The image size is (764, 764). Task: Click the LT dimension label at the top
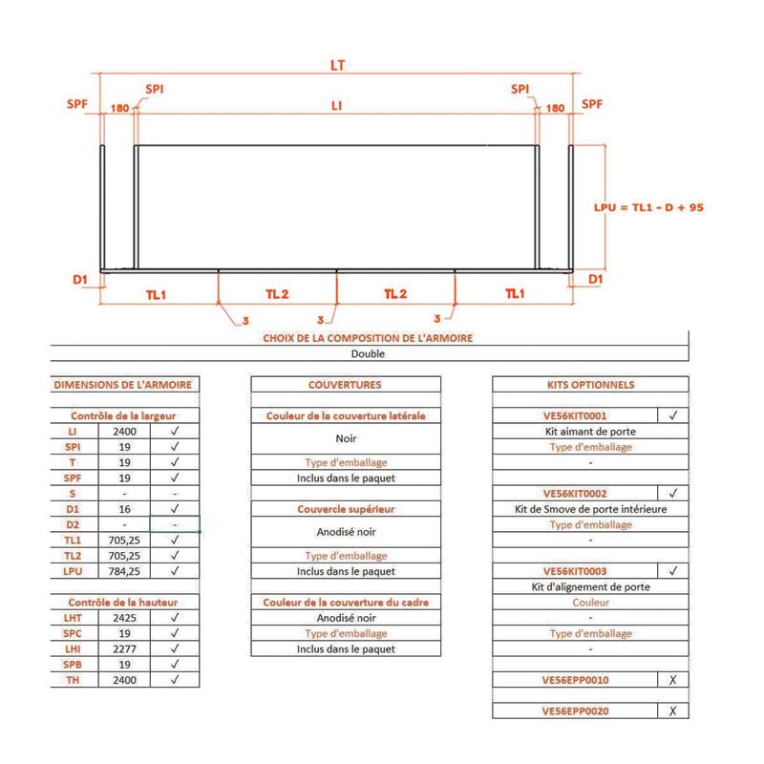pyautogui.click(x=336, y=66)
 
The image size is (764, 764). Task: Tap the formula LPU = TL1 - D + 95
pyautogui.click(x=648, y=206)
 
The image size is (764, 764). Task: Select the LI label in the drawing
pyautogui.click(x=336, y=106)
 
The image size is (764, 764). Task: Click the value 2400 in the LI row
pyautogui.click(x=125, y=431)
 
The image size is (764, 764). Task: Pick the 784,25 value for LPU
pyautogui.click(x=125, y=571)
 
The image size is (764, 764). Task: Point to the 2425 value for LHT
pyautogui.click(x=125, y=618)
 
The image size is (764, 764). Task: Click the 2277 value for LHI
pyautogui.click(x=125, y=648)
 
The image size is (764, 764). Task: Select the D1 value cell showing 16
pyautogui.click(x=125, y=509)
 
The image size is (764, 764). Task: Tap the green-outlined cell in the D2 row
pyautogui.click(x=175, y=524)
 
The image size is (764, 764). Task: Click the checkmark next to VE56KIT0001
pyautogui.click(x=673, y=415)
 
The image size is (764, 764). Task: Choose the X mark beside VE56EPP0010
pyautogui.click(x=673, y=680)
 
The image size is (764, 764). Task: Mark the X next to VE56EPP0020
pyautogui.click(x=673, y=711)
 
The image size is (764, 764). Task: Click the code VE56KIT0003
pyautogui.click(x=575, y=571)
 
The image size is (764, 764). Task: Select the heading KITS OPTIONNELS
pyautogui.click(x=590, y=385)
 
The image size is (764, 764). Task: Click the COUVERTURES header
pyautogui.click(x=346, y=385)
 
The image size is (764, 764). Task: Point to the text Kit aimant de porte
pyautogui.click(x=590, y=431)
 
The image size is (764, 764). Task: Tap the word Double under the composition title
pyautogui.click(x=368, y=352)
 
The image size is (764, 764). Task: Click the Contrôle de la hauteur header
pyautogui.click(x=124, y=603)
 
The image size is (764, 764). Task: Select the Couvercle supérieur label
pyautogui.click(x=346, y=509)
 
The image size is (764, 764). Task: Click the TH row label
pyautogui.click(x=73, y=680)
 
